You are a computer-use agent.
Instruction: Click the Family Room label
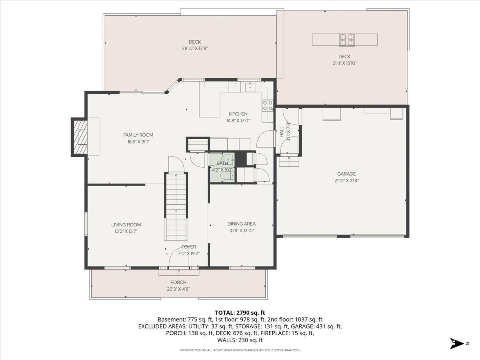[x=138, y=135]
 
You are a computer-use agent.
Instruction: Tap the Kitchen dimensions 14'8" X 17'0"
[x=238, y=121]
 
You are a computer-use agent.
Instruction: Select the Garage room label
[x=346, y=174]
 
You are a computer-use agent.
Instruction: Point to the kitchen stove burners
[x=268, y=105]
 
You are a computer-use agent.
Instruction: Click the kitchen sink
[x=250, y=87]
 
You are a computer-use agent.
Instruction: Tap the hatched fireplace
[x=80, y=137]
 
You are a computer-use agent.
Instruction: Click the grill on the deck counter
[x=347, y=40]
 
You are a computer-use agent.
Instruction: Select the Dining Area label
[x=242, y=224]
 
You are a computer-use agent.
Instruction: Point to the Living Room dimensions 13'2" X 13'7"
[x=126, y=231]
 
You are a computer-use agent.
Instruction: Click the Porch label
[x=178, y=282]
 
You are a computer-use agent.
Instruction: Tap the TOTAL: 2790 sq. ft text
[x=240, y=313]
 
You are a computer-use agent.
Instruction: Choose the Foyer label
[x=189, y=247]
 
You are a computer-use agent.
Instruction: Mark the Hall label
[x=282, y=132]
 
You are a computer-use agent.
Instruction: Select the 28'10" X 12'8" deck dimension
[x=195, y=48]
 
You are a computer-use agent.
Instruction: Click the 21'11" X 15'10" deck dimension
[x=344, y=63]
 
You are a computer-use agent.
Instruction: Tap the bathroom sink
[x=229, y=159]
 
